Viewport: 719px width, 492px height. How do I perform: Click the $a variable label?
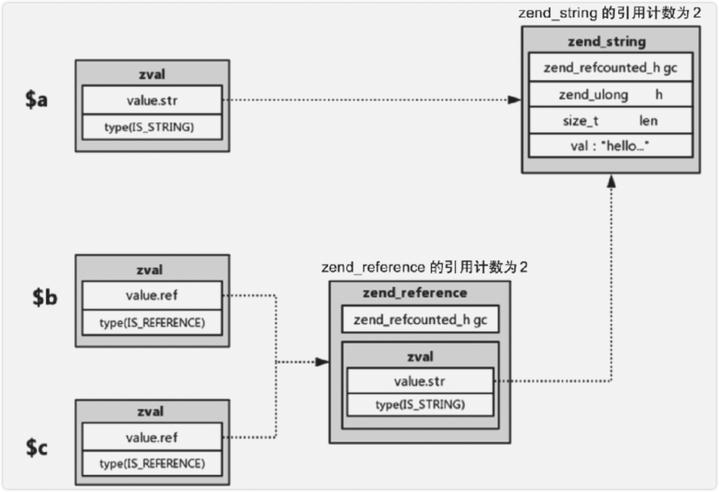coord(36,99)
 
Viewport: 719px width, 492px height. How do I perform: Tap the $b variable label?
coord(45,296)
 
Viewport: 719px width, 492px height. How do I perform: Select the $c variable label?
coord(36,447)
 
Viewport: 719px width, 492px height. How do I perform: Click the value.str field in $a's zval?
coord(152,100)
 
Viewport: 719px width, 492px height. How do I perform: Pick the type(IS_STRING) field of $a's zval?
coord(152,127)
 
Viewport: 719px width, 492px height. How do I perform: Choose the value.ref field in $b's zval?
coord(152,295)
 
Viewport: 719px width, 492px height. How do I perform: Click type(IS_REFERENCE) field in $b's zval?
coord(152,323)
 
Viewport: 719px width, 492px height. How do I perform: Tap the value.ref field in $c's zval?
coord(152,437)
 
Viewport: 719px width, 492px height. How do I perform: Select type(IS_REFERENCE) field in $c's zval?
coord(152,464)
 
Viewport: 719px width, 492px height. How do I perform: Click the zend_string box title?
coord(607,42)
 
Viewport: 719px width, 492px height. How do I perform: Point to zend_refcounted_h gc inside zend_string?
coord(610,68)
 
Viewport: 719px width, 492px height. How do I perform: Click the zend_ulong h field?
coord(610,95)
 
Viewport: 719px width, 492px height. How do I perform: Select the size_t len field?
coord(610,121)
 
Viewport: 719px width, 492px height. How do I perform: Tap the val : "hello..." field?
coord(610,146)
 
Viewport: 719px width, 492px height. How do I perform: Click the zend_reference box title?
coord(415,293)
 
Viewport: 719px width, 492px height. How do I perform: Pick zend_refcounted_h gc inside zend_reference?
coord(420,320)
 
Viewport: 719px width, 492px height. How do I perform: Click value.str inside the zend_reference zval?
coord(420,381)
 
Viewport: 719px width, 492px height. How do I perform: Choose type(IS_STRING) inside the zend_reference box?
coord(420,404)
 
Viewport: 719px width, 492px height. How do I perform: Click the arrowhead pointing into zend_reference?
coord(322,362)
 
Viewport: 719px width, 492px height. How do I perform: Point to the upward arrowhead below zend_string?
coord(611,182)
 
